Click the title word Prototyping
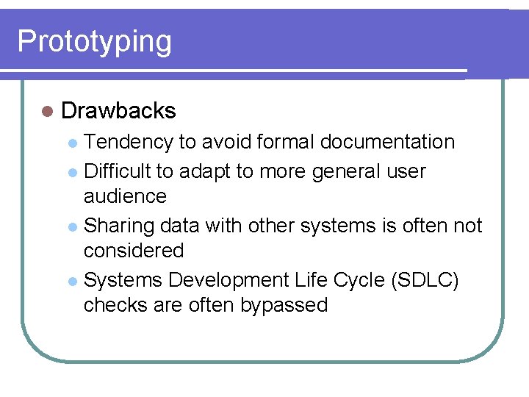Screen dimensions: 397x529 click(x=94, y=42)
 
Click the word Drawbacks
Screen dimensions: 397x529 click(x=119, y=111)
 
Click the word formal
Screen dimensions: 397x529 click(x=278, y=142)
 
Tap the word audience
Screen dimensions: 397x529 click(x=125, y=196)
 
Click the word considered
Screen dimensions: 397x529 click(x=134, y=250)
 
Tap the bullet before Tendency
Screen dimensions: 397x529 click(x=71, y=143)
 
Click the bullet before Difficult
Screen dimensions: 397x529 click(x=71, y=172)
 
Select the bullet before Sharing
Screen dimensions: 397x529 click(x=71, y=226)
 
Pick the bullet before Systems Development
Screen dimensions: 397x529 click(x=71, y=281)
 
